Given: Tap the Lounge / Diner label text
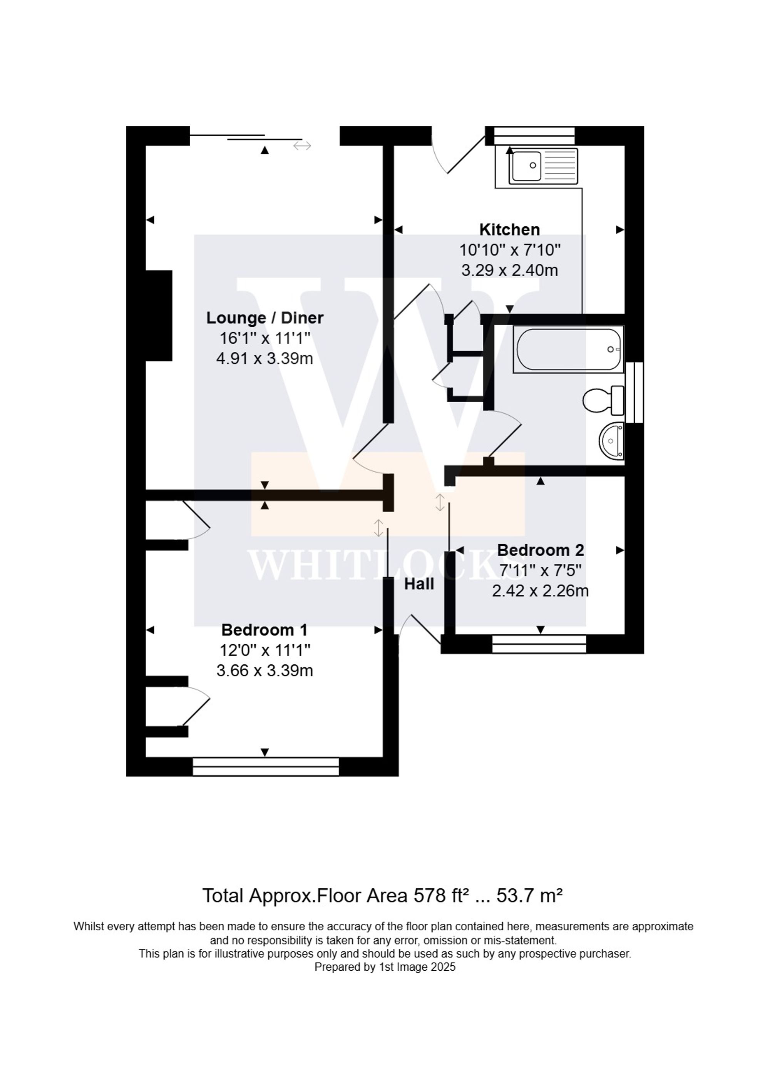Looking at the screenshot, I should click(265, 318).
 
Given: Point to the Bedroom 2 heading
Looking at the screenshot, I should click(540, 550).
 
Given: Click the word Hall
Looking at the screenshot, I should click(419, 584).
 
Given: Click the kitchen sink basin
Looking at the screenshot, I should click(526, 166).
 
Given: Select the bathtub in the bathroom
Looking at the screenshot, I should click(568, 349).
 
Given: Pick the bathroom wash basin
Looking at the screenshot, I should click(612, 441).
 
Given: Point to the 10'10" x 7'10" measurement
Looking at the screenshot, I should click(510, 250).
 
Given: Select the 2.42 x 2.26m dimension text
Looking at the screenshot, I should click(540, 591).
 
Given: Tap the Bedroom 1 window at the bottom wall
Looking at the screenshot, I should click(266, 767).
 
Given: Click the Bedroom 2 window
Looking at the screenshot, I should click(539, 644).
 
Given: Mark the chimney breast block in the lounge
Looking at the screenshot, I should click(159, 316).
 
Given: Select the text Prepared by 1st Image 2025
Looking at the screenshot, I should click(385, 967).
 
